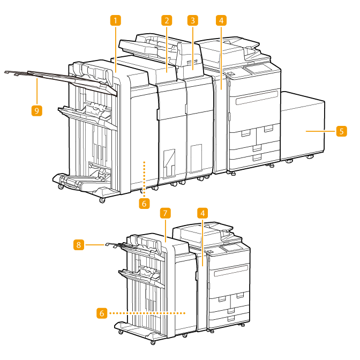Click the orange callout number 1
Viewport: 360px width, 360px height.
click(x=116, y=21)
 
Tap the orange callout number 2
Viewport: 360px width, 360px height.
click(x=167, y=21)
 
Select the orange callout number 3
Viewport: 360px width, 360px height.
click(x=193, y=21)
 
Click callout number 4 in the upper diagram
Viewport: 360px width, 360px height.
click(x=221, y=21)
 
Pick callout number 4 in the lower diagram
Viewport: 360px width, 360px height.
click(x=202, y=213)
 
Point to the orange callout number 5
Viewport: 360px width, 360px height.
click(x=341, y=130)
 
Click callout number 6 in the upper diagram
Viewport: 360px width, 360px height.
click(x=142, y=203)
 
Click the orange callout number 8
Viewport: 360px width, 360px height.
click(x=78, y=244)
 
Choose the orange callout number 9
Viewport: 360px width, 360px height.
click(x=36, y=110)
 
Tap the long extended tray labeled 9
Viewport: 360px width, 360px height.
click(x=48, y=75)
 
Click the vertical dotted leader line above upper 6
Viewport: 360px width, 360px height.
click(x=142, y=177)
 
